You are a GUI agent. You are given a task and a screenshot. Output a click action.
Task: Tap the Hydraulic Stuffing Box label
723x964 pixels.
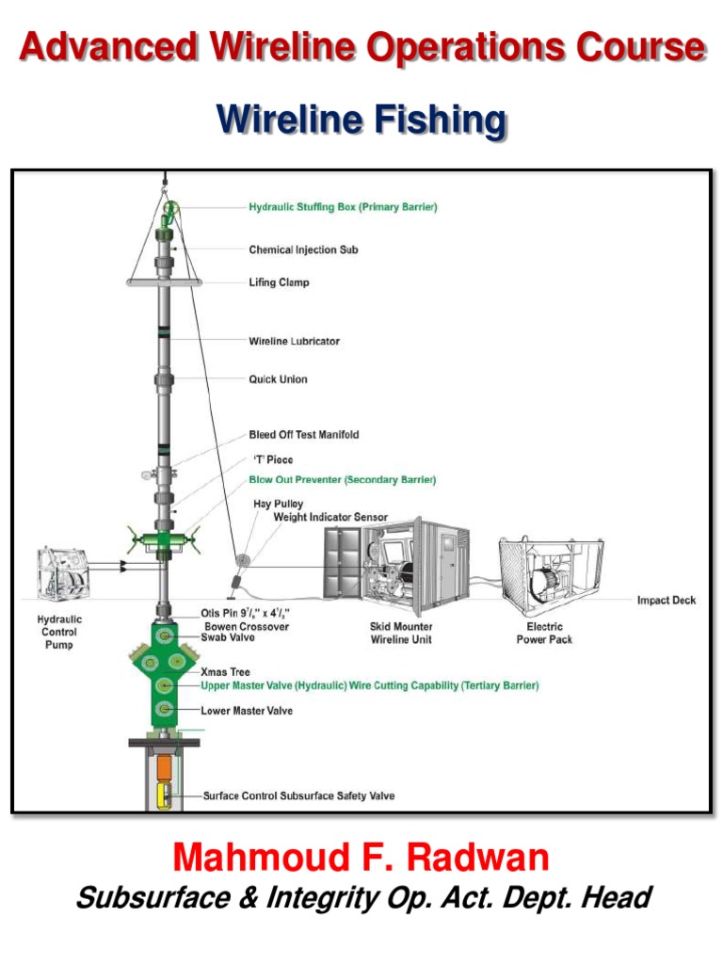coord(343,207)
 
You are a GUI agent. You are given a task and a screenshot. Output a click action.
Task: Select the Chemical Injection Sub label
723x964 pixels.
coord(303,250)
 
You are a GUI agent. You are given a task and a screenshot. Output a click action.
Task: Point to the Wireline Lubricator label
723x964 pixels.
coord(294,341)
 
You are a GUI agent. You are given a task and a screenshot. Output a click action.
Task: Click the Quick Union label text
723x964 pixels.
coord(278,379)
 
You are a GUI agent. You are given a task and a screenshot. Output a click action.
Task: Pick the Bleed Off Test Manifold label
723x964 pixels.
coord(303,435)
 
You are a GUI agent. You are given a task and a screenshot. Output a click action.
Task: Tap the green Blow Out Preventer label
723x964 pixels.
coord(342,480)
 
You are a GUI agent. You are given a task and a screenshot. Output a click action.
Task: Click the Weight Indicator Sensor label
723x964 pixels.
coord(329,518)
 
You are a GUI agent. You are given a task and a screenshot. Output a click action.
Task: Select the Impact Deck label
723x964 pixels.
coord(667,601)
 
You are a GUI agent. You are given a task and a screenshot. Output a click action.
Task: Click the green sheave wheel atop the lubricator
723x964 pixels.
coord(170,209)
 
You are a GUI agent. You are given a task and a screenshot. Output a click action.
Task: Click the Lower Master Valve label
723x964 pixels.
coord(246,711)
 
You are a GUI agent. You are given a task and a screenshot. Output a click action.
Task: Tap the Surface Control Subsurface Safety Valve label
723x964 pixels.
coord(299,796)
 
